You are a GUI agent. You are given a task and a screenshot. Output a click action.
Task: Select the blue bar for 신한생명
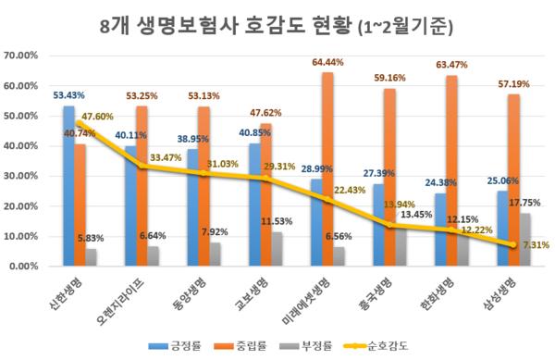click(x=68, y=185)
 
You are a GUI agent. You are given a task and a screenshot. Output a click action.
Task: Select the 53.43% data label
click(x=68, y=95)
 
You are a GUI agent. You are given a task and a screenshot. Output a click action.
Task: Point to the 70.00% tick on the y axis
click(x=20, y=56)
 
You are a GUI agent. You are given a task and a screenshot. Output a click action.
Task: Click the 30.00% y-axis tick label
click(x=20, y=176)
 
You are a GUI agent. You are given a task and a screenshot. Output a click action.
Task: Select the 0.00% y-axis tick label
click(x=22, y=267)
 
